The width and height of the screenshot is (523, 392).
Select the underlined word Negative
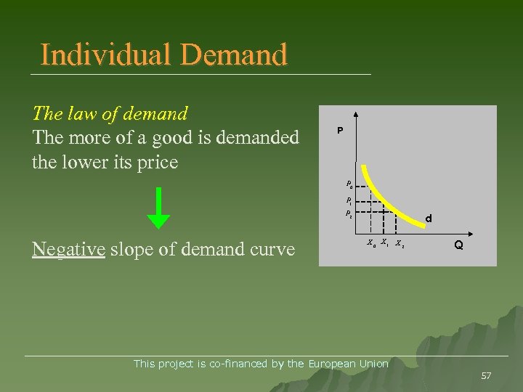pos(69,250)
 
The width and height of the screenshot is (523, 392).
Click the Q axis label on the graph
pos(459,245)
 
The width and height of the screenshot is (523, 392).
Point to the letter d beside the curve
pos(429,218)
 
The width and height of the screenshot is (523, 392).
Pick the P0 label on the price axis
pos(349,184)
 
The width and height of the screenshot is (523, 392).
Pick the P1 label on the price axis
pos(349,200)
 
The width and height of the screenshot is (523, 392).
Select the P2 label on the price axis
pos(349,214)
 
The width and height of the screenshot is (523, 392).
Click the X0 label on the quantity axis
pos(370,242)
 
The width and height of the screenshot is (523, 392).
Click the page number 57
pos(486,375)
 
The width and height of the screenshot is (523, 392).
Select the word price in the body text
pos(157,162)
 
